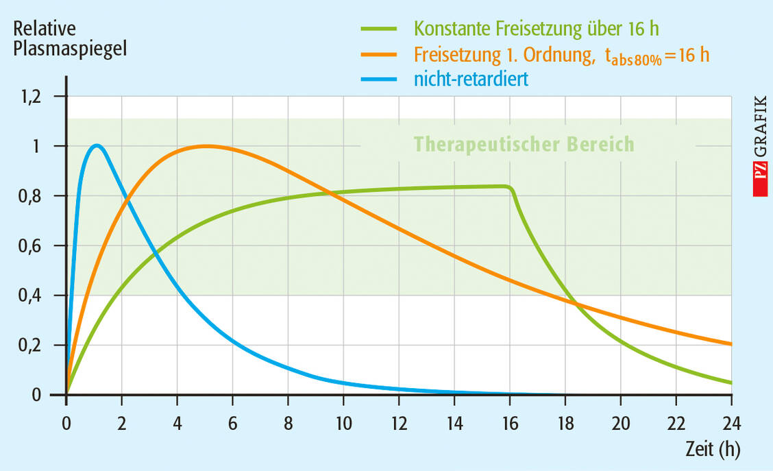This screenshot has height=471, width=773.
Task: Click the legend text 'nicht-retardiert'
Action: point(471,80)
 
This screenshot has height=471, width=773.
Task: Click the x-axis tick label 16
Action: point(509,420)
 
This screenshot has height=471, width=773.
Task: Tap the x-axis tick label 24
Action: point(731,420)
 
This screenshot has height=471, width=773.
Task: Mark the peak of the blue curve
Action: point(97,145)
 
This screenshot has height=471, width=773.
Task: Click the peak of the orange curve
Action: point(206,145)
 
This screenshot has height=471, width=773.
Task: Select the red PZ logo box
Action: point(759,181)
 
